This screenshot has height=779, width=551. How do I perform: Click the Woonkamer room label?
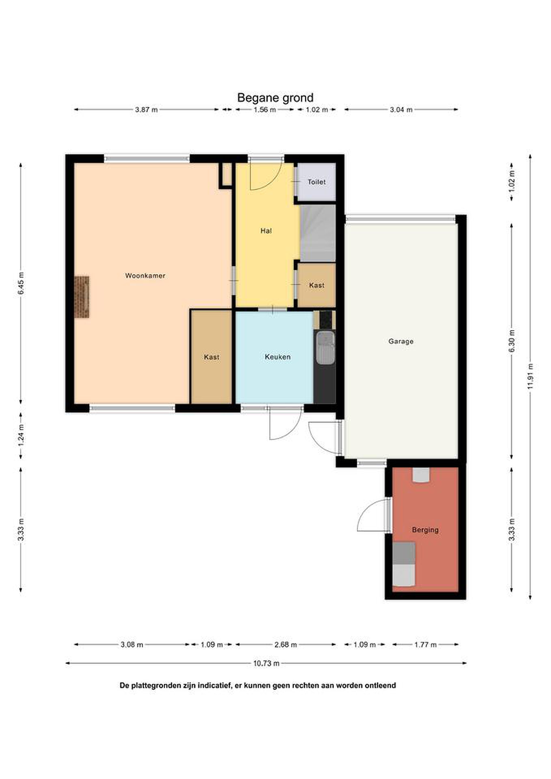pos(145,276)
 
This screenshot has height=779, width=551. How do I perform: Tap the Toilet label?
pos(316,182)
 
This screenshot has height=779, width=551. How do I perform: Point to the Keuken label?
pos(278,357)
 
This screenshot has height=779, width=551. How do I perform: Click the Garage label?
pos(401,341)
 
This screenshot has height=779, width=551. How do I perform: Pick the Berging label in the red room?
pos(425,530)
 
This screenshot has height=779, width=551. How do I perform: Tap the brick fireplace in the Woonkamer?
pos(82,297)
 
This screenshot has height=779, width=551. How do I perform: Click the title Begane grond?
pos(275,98)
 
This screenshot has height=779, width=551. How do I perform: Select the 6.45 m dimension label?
pos(21,283)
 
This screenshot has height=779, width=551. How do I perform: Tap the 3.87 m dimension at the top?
pos(146,110)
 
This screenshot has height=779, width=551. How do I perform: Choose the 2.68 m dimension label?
pos(286,645)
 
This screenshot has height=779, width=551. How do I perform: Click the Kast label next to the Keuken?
pos(212,357)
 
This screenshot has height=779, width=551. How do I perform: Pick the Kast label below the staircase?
pos(316,286)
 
